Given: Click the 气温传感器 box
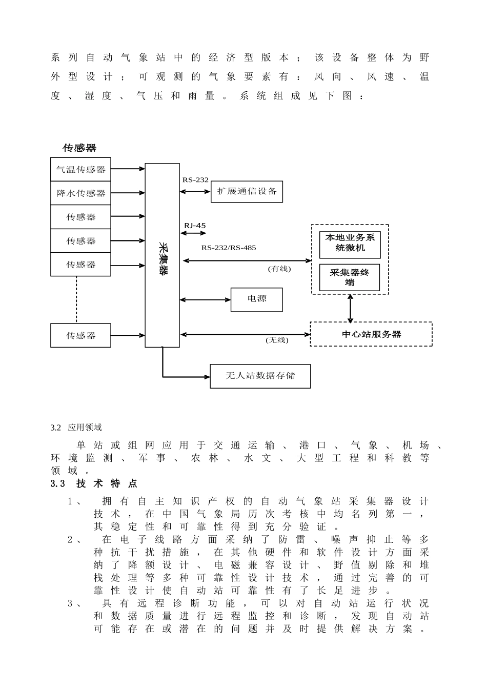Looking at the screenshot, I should [x=80, y=169].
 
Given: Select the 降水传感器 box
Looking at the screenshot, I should [x=80, y=193].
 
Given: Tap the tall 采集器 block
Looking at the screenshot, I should [x=162, y=255].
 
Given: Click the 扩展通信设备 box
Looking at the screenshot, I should [x=247, y=191].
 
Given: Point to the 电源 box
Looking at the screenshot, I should [x=256, y=299].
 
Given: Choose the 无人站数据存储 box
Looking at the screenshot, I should [x=260, y=376].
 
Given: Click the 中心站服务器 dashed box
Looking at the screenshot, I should [x=371, y=334].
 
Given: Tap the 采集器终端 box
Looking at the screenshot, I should [x=350, y=277].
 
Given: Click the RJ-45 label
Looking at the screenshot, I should [x=195, y=226].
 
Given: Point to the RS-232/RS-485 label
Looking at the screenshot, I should [x=228, y=248].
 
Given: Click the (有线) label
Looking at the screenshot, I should [x=279, y=269].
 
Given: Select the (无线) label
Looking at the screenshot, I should [x=277, y=340].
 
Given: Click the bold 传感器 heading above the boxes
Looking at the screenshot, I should [x=79, y=148].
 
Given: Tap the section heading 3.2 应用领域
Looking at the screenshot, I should [x=76, y=428].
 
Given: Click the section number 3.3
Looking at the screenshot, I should [x=57, y=483].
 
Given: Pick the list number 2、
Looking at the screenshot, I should [x=75, y=539].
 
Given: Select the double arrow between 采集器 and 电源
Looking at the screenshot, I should [x=205, y=300].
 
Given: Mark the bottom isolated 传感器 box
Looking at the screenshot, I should [x=80, y=335].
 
